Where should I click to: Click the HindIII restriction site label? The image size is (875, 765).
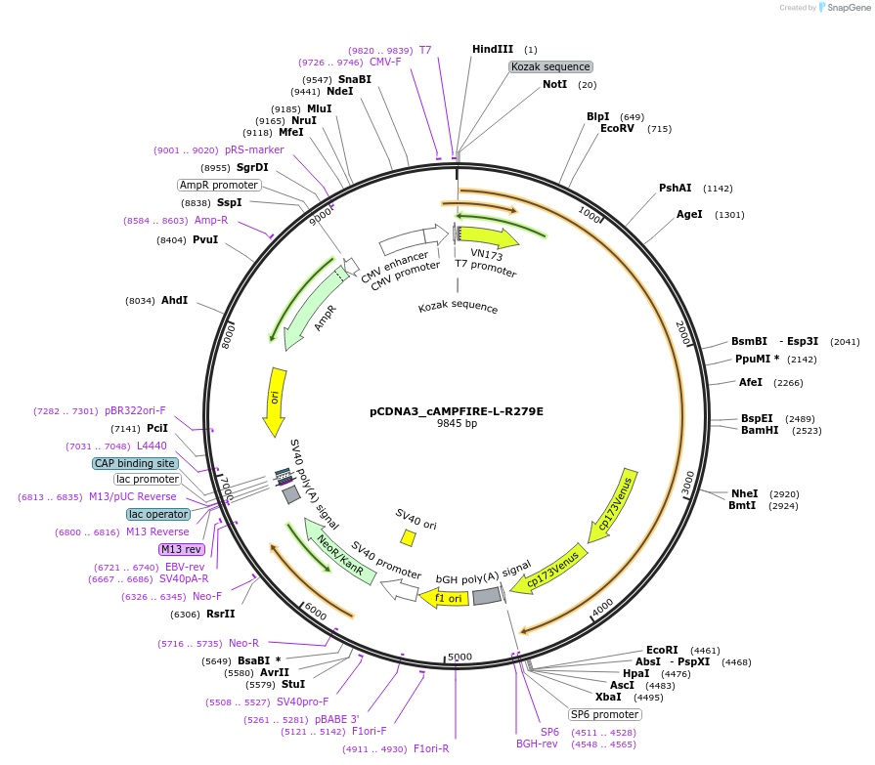point(493,49)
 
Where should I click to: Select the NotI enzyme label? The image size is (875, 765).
point(554,84)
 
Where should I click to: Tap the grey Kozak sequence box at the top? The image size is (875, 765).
point(550,66)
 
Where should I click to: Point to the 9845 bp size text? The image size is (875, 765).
point(457,424)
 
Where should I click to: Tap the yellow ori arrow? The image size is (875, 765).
point(276,401)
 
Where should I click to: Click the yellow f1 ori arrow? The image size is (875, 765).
point(445,597)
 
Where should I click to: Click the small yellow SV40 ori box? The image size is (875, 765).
point(409,537)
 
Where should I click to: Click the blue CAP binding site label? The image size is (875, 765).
point(135,463)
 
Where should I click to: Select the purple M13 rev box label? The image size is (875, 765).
point(181,549)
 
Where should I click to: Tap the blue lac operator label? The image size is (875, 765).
point(158,514)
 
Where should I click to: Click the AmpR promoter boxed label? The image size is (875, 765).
point(219,185)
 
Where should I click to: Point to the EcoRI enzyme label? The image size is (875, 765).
point(662,650)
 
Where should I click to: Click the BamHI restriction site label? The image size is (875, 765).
point(760,430)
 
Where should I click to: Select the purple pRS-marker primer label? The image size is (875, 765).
point(254,150)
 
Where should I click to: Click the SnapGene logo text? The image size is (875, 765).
point(846,8)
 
